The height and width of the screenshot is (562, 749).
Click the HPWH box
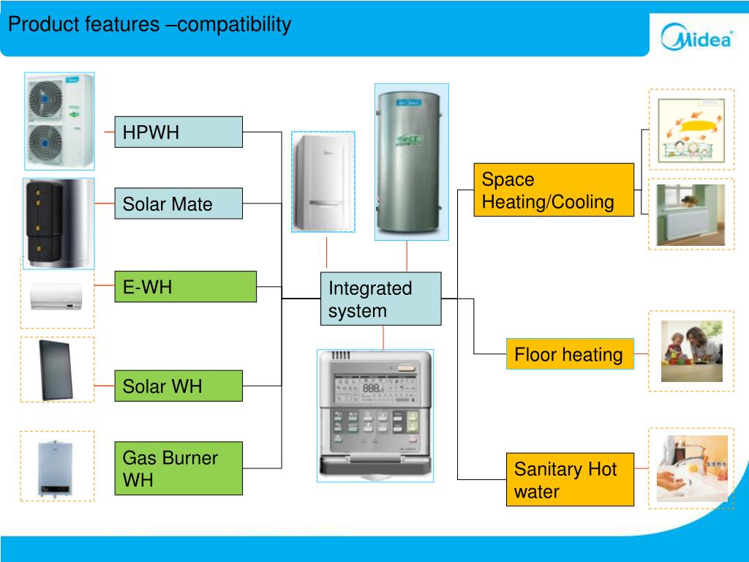pyautogui.click(x=178, y=132)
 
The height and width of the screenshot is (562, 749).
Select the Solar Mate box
pyautogui.click(x=178, y=203)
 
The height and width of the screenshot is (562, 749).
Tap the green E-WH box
pyautogui.click(x=185, y=286)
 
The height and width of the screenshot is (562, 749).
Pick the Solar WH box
pyautogui.click(x=178, y=386)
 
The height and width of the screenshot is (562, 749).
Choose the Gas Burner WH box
pyautogui.click(x=178, y=468)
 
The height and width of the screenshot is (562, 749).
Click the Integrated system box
pyautogui.click(x=380, y=299)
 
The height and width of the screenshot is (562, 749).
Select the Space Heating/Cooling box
pyautogui.click(x=553, y=190)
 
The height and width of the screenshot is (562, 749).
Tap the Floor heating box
pyautogui.click(x=569, y=354)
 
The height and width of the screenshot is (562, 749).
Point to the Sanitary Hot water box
pyautogui.click(x=569, y=479)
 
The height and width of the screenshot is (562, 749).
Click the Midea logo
pyautogui.click(x=696, y=37)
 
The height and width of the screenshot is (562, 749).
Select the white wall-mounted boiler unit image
pyautogui.click(x=323, y=182)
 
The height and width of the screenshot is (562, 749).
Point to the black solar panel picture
pyautogui.click(x=56, y=370)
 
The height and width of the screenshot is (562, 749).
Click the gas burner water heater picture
pyautogui.click(x=56, y=466)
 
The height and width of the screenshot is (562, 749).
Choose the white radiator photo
pyautogui.click(x=690, y=214)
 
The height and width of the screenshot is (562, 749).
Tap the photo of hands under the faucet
pyautogui.click(x=691, y=469)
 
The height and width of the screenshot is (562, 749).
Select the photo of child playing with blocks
pyautogui.click(x=691, y=351)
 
